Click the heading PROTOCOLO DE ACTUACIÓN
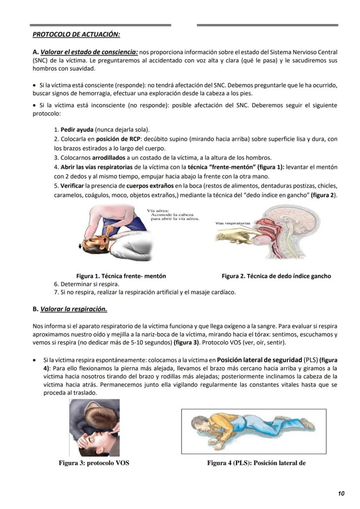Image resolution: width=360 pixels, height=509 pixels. [77, 34]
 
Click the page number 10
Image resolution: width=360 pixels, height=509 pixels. [341, 493]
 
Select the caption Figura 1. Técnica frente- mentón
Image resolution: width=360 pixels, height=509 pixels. [121, 276]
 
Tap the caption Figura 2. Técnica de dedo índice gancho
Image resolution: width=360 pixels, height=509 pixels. [276, 276]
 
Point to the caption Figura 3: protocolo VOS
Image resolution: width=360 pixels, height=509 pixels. [94, 463]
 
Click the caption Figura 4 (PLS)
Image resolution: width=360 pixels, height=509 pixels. [256, 463]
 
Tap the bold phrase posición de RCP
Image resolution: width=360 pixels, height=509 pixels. [109, 139]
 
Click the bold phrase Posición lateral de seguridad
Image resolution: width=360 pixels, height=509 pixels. [259, 360]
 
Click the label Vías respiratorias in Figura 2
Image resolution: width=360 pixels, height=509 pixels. [233, 223]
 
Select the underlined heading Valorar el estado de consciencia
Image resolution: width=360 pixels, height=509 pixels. [89, 52]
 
